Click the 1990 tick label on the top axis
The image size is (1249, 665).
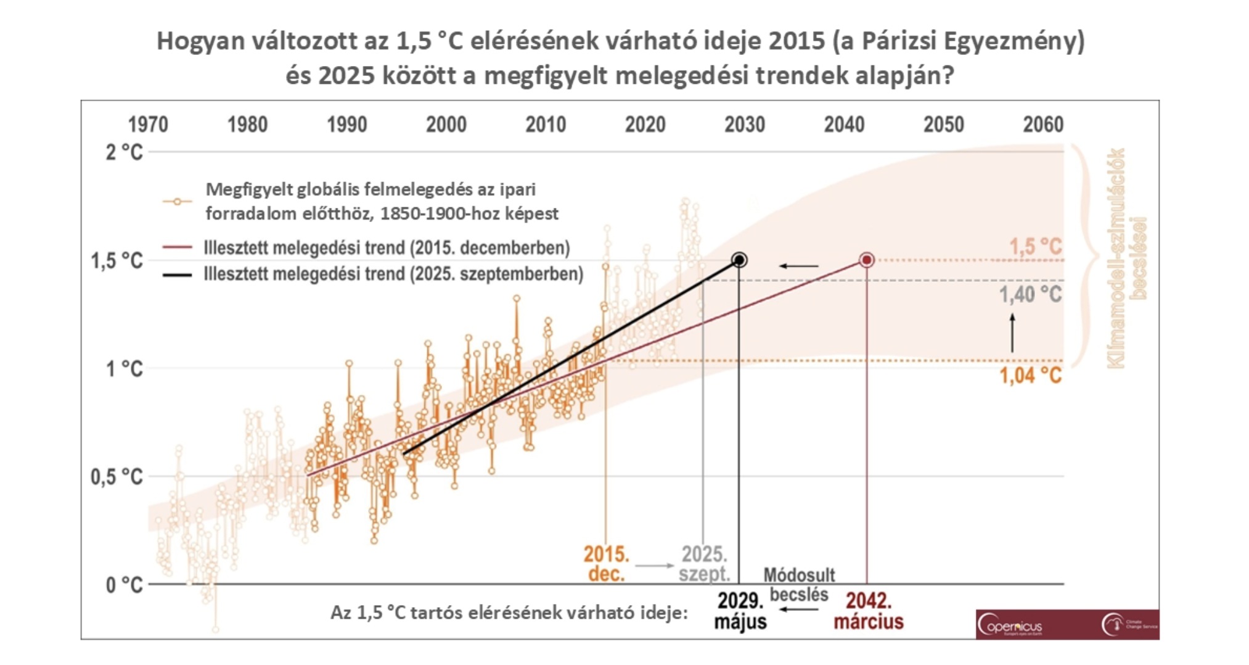pyautogui.click(x=346, y=125)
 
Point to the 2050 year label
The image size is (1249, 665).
pyautogui.click(x=943, y=125)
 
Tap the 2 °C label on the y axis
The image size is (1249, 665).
pyautogui.click(x=123, y=152)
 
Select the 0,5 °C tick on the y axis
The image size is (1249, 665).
pyautogui.click(x=117, y=477)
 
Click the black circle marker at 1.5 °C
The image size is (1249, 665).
pyautogui.click(x=739, y=260)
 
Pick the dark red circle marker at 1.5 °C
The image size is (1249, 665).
pyautogui.click(x=867, y=260)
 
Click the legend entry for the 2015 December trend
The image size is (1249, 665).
pyautogui.click(x=387, y=248)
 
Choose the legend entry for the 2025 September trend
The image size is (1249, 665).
pyautogui.click(x=393, y=274)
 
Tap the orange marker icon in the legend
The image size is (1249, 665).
pyautogui.click(x=177, y=202)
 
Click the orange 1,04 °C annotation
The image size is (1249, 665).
pyautogui.click(x=1030, y=375)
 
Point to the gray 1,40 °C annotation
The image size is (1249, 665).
pyautogui.click(x=1030, y=295)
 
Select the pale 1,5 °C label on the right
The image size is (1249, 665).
pyautogui.click(x=1035, y=247)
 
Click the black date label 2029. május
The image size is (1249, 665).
pyautogui.click(x=740, y=611)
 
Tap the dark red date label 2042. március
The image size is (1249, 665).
pyautogui.click(x=869, y=611)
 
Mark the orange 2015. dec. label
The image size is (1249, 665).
pyautogui.click(x=606, y=563)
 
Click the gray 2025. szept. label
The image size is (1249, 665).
pyautogui.click(x=704, y=563)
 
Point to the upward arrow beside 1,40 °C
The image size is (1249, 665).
pyautogui.click(x=1012, y=333)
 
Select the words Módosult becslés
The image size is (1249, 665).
pyautogui.click(x=799, y=584)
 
